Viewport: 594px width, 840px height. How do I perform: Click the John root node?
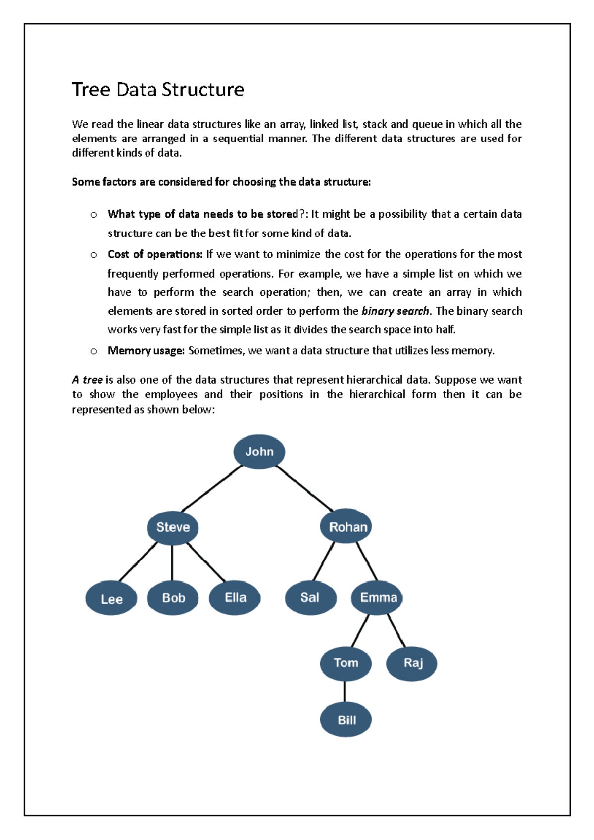coord(259,451)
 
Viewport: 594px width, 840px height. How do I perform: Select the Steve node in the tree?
coord(173,527)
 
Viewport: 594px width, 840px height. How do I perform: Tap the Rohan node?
coord(346,526)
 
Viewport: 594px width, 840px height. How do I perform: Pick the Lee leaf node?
coord(111,599)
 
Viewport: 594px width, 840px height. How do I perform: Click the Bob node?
coord(173,598)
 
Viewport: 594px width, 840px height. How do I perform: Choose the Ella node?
coord(235,598)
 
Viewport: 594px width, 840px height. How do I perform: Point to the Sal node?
coord(310,598)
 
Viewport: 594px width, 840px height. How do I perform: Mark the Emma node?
coord(377,598)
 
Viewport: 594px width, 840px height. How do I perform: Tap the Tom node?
coord(346,663)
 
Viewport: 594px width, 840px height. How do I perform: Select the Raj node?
coord(412,663)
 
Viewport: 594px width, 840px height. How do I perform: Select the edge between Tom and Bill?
coord(345,692)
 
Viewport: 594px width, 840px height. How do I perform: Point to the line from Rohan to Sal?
coord(324,561)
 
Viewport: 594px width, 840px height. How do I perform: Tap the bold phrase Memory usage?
coord(146,351)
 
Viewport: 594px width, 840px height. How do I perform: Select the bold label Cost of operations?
coord(155,254)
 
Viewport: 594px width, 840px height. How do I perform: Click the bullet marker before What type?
coord(94,215)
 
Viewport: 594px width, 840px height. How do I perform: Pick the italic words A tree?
coord(87,380)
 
